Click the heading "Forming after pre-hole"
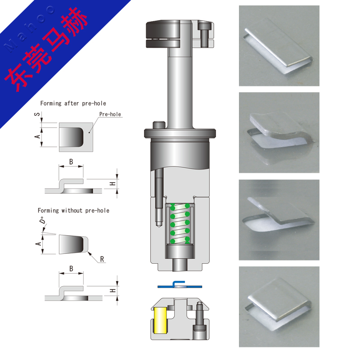[x=73, y=103]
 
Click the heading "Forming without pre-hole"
[x=73, y=211]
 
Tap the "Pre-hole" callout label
[x=110, y=114]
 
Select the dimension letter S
[x=37, y=114]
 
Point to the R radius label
[x=102, y=259]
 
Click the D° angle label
[x=42, y=220]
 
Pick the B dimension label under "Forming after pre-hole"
[x=71, y=162]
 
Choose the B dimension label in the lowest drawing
[x=71, y=269]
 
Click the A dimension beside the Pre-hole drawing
[x=37, y=137]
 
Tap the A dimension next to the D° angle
[x=38, y=243]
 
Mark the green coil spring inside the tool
[x=180, y=223]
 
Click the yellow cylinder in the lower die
[x=160, y=320]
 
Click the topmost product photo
[x=279, y=46]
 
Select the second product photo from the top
[x=279, y=132]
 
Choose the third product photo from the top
[x=279, y=220]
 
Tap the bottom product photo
[x=279, y=307]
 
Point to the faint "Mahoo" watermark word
[x=29, y=29]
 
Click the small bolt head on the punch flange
[x=159, y=125]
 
